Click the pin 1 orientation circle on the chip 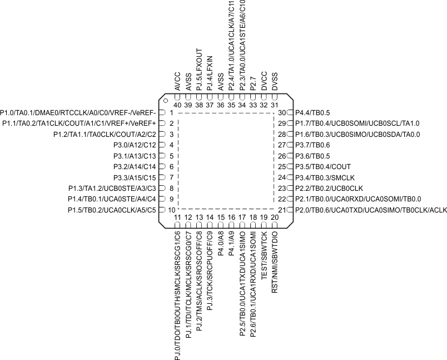(x=165, y=101)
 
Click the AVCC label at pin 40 (x=178, y=81)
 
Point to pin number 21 (x=281, y=210)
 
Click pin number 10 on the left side (x=171, y=210)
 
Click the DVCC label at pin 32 (x=264, y=81)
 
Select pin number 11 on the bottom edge (x=178, y=217)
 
